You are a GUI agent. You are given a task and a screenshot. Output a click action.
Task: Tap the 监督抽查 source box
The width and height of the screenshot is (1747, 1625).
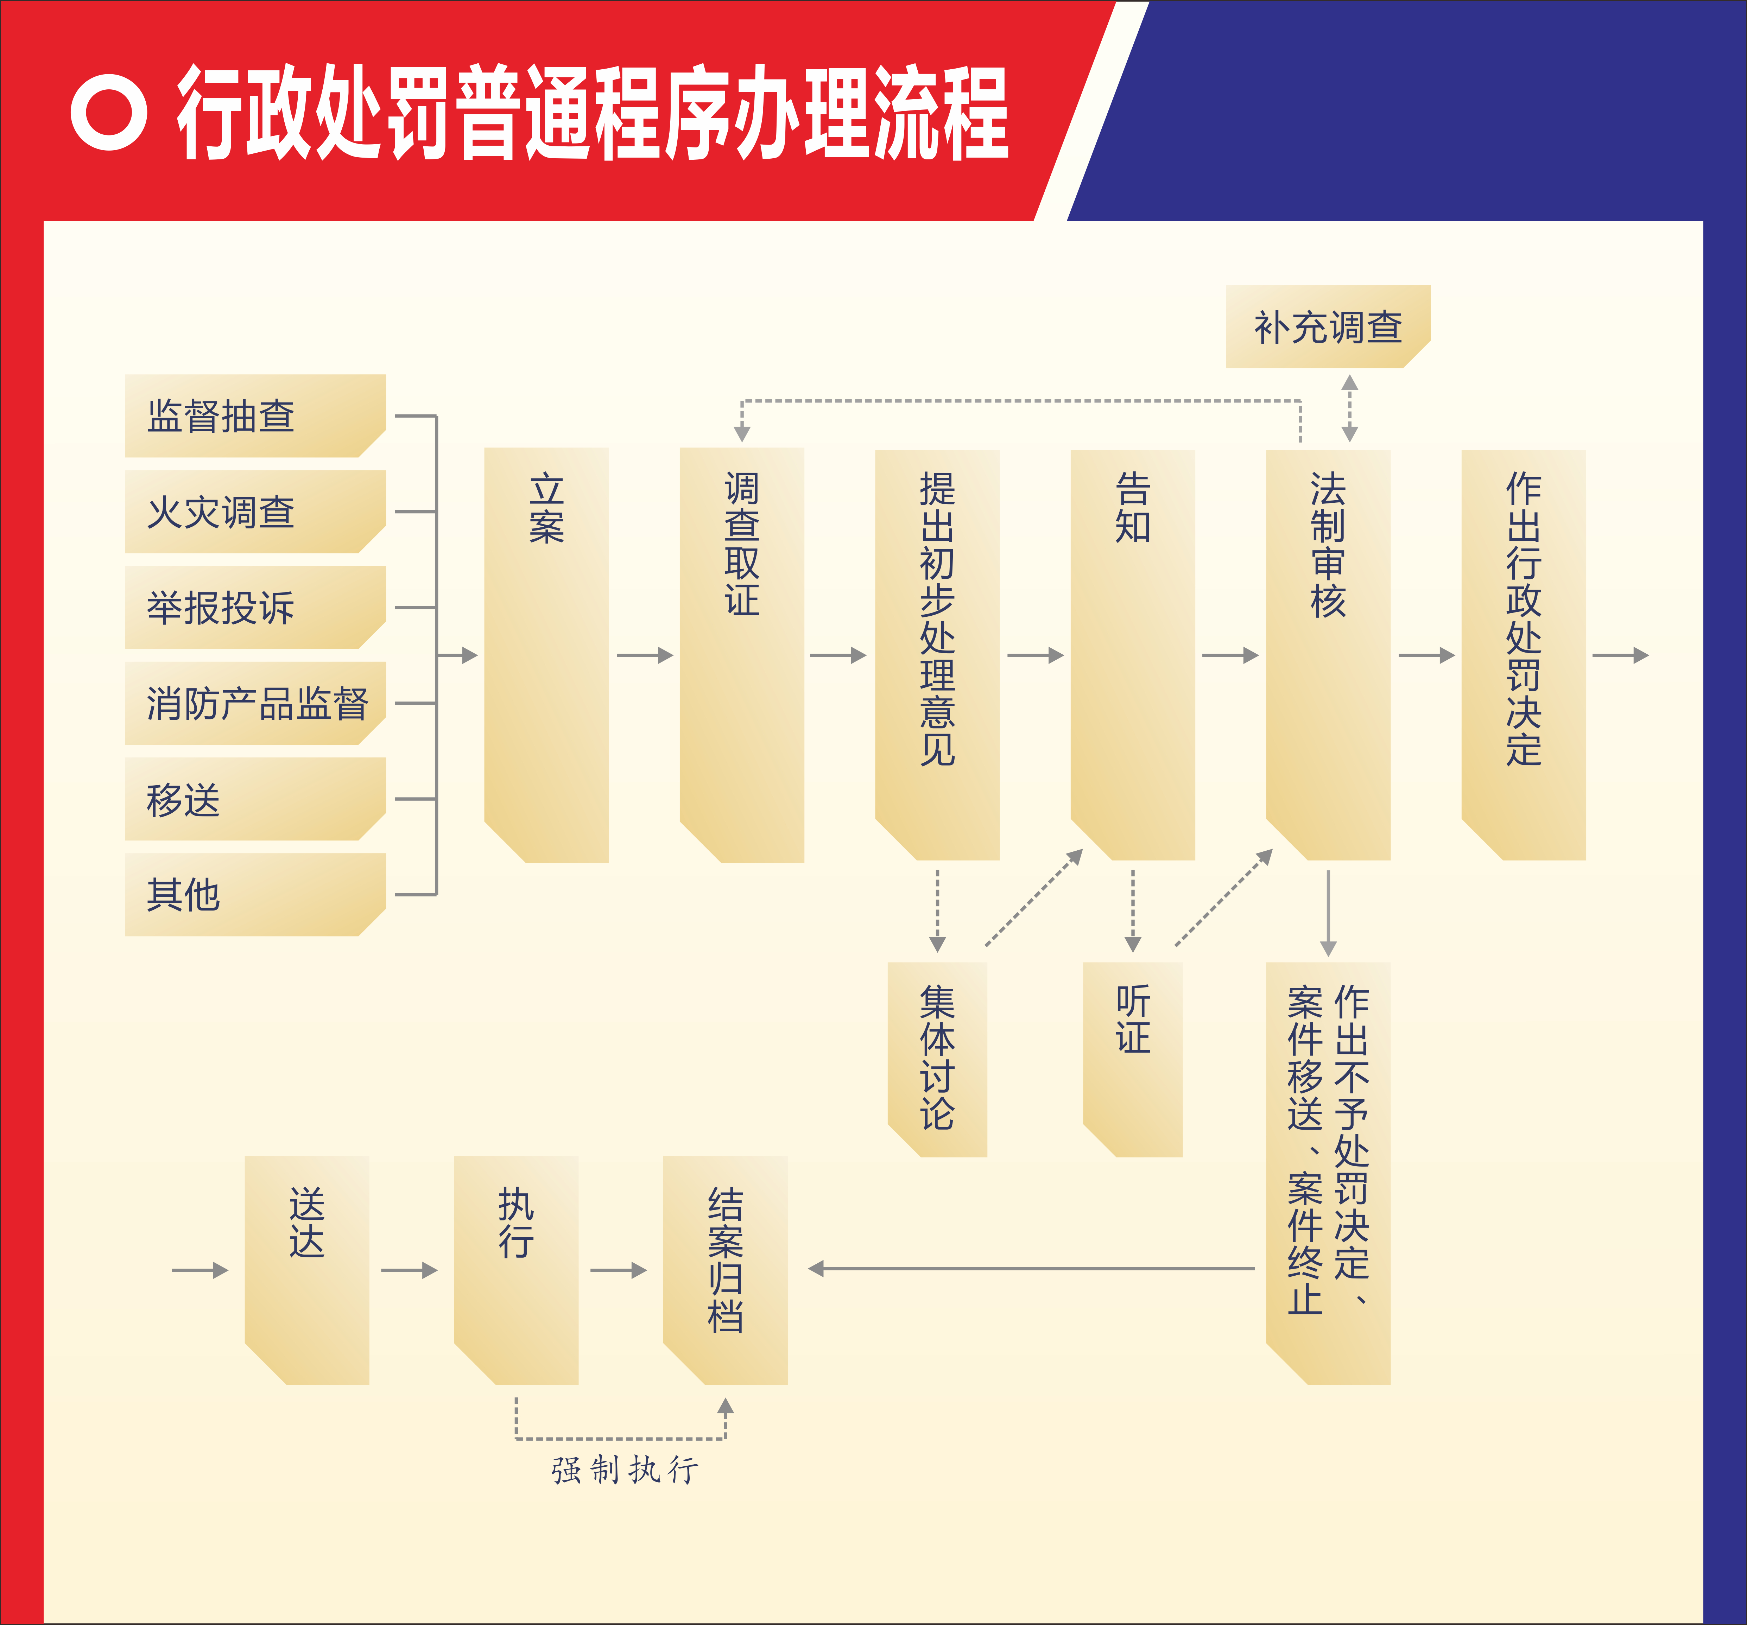click(255, 416)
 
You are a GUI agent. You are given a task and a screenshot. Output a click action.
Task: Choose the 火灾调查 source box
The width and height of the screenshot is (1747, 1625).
click(255, 512)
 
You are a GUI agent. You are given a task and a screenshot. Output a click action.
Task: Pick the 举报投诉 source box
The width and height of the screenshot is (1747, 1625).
click(255, 607)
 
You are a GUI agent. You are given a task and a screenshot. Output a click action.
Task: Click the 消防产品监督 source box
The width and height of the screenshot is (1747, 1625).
click(255, 703)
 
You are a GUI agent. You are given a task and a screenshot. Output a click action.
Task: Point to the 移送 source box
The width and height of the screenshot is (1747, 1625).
click(255, 799)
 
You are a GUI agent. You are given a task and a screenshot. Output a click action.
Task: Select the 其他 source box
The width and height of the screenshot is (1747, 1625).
click(255, 895)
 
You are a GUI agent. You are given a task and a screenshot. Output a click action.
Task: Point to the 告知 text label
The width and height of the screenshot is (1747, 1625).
click(1133, 508)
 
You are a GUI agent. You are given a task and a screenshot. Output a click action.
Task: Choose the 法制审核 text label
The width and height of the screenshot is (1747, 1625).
click(1328, 545)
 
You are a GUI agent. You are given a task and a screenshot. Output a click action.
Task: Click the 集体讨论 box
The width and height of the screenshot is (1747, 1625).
click(938, 1059)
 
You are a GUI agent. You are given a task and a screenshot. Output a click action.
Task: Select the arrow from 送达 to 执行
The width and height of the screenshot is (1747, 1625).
click(409, 1270)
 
